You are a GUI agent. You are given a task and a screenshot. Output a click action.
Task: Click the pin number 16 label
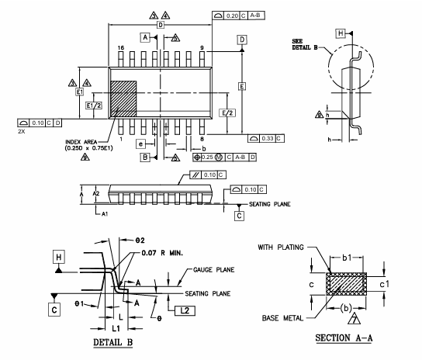coord(121,48)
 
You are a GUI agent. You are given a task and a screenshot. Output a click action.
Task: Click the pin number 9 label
coord(201,48)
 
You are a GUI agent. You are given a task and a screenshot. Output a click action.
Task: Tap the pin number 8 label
coord(201,139)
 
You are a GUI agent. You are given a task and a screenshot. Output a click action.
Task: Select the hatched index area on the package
coord(124,99)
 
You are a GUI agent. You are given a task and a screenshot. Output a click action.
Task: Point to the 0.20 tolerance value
coord(233,16)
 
